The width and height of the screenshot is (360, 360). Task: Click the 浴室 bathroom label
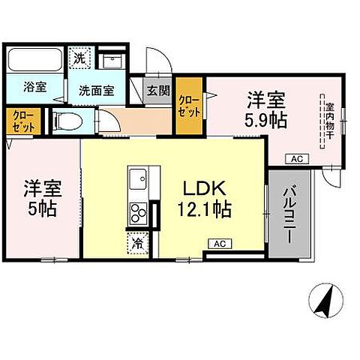coord(34,87)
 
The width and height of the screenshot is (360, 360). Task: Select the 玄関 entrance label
coord(157,91)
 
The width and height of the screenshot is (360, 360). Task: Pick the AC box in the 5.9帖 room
coord(295,157)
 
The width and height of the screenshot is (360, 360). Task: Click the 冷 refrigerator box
coord(139,242)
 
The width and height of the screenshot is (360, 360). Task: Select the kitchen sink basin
coord(139,180)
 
